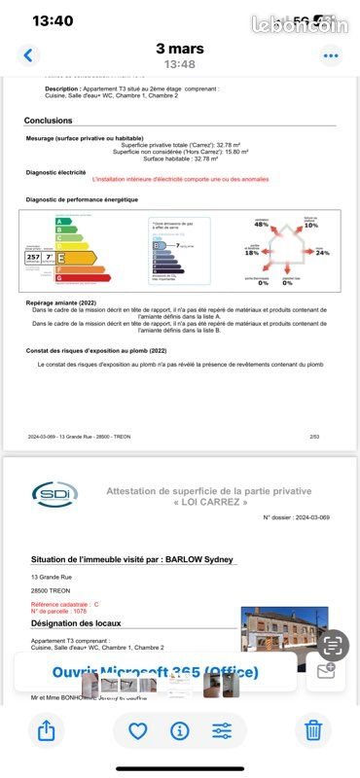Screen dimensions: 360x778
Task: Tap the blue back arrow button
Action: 28,55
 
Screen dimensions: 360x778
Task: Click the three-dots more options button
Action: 332,55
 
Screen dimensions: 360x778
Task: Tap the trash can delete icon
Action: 312,729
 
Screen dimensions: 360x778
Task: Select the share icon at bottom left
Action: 46,729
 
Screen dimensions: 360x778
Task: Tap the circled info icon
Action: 180,730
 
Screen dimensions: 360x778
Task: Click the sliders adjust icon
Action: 222,730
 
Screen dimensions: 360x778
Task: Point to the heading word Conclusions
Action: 49,121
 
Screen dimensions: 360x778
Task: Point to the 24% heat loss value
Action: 323,252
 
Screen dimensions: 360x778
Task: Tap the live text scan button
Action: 333,645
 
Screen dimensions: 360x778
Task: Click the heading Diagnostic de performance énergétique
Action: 82,199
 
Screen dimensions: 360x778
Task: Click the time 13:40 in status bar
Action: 53,20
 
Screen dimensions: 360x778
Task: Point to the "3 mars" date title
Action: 179,48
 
